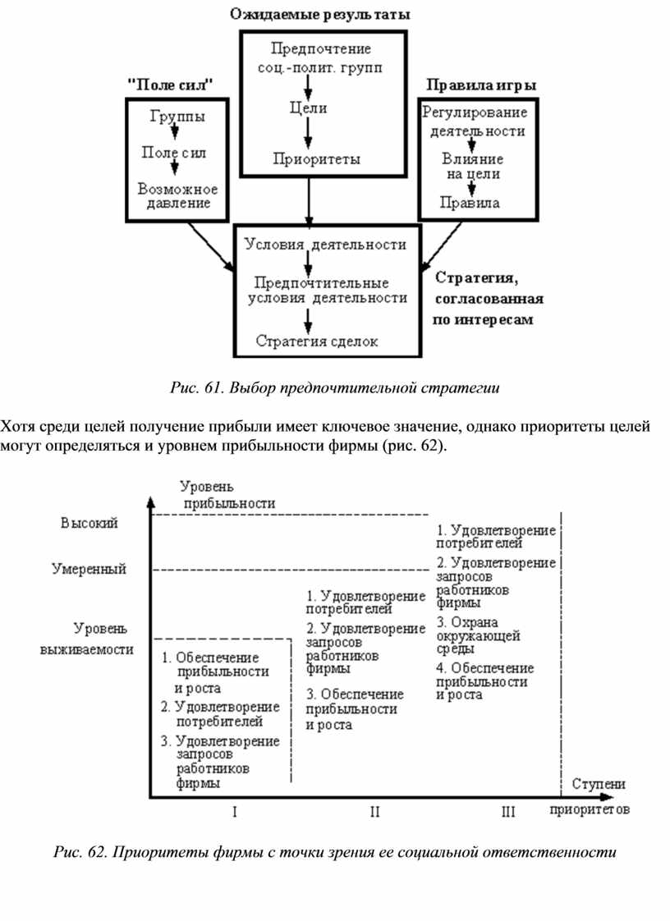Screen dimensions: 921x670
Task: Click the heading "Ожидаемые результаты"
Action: pos(320,15)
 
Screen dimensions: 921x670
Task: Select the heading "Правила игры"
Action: pos(481,85)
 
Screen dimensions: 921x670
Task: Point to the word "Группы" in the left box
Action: pos(177,117)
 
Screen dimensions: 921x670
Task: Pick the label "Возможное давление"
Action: pos(172,195)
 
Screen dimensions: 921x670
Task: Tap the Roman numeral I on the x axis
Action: pos(235,813)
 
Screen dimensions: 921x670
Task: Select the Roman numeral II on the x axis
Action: pos(374,813)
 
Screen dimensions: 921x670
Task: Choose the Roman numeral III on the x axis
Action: pos(507,813)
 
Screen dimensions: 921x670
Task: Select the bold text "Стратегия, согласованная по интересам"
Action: pos(484,297)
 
